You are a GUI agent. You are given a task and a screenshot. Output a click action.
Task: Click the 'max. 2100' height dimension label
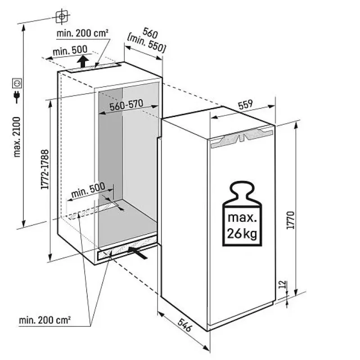[17, 137]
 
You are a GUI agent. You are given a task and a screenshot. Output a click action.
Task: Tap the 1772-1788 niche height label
[45, 170]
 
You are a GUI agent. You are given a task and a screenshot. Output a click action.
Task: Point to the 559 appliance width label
[245, 104]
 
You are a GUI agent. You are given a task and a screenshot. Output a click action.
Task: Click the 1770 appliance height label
[290, 220]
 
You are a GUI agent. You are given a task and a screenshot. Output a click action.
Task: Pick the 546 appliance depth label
[184, 325]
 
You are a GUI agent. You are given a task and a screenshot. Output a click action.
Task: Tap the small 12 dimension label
[284, 284]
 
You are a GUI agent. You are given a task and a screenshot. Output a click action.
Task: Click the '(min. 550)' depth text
[146, 44]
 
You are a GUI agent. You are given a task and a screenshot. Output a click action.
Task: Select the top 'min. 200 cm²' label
[82, 33]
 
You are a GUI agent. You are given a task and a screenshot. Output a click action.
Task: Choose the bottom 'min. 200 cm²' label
[45, 320]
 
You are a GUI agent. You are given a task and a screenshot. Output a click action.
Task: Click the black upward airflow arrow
[83, 61]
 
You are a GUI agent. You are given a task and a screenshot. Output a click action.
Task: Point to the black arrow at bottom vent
[138, 253]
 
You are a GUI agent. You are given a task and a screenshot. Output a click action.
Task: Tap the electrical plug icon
[17, 97]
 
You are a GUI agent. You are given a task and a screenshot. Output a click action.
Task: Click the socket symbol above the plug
[17, 83]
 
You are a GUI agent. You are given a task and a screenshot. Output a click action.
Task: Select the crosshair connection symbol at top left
[62, 16]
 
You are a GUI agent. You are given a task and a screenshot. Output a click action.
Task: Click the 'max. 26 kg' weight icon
[242, 213]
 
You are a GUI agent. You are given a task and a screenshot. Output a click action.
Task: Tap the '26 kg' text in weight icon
[242, 234]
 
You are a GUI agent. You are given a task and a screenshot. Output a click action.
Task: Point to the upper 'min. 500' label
[70, 50]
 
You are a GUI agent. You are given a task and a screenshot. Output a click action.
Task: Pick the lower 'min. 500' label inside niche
[88, 190]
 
